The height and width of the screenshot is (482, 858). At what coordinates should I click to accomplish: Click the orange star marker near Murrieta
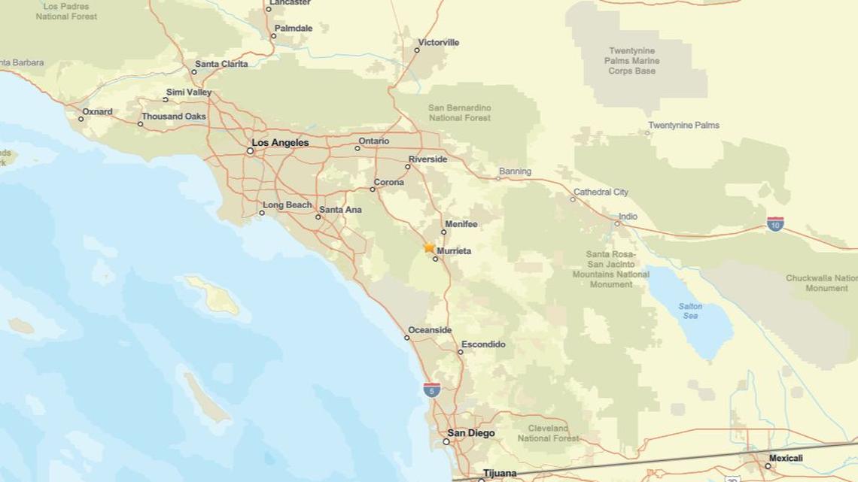pyautogui.click(x=429, y=247)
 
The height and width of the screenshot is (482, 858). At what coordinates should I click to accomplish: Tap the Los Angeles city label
pyautogui.click(x=280, y=143)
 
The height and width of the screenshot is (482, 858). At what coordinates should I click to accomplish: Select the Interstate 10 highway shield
pyautogui.click(x=774, y=223)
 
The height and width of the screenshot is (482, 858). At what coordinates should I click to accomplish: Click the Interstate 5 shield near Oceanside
pyautogui.click(x=431, y=390)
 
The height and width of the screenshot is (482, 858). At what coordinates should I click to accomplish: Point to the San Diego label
pyautogui.click(x=471, y=433)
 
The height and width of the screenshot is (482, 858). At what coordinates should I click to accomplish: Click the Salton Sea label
pyautogui.click(x=690, y=311)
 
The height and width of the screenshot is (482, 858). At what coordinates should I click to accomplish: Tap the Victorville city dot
pyautogui.click(x=417, y=50)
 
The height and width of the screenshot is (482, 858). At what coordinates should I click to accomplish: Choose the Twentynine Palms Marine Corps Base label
pyautogui.click(x=632, y=61)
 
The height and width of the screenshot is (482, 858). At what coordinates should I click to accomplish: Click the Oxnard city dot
pyautogui.click(x=81, y=119)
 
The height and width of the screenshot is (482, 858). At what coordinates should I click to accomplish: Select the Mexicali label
pyautogui.click(x=786, y=458)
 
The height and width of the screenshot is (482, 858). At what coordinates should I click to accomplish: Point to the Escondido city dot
pyautogui.click(x=461, y=352)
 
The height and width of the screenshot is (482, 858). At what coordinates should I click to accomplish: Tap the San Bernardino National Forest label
pyautogui.click(x=459, y=113)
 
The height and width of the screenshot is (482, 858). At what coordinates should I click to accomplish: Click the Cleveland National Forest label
pyautogui.click(x=548, y=433)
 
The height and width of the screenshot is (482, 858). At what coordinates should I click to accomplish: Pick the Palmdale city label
pyautogui.click(x=294, y=29)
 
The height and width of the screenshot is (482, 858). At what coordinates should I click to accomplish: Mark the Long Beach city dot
pyautogui.click(x=262, y=213)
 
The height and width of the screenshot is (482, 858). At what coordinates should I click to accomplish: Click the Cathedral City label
pyautogui.click(x=601, y=192)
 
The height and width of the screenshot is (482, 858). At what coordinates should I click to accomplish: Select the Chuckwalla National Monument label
pyautogui.click(x=821, y=283)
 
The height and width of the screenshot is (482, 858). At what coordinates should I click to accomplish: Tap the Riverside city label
pyautogui.click(x=427, y=159)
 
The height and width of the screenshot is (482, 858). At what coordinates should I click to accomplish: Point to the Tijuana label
pyautogui.click(x=500, y=473)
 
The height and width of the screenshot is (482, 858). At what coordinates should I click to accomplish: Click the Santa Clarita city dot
pyautogui.click(x=193, y=72)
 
